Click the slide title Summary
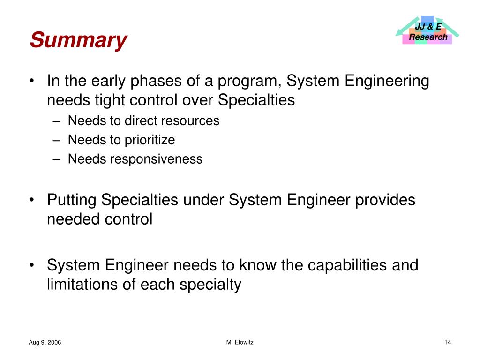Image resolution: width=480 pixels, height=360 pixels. click(78, 40)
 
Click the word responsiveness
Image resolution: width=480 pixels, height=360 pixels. click(156, 159)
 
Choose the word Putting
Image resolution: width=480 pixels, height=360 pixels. click(72, 201)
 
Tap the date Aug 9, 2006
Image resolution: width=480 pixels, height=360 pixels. click(45, 343)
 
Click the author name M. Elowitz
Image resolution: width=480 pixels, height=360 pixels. click(240, 343)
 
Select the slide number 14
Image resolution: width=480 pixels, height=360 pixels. click(448, 343)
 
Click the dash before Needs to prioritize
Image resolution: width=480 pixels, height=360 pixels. click(57, 140)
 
